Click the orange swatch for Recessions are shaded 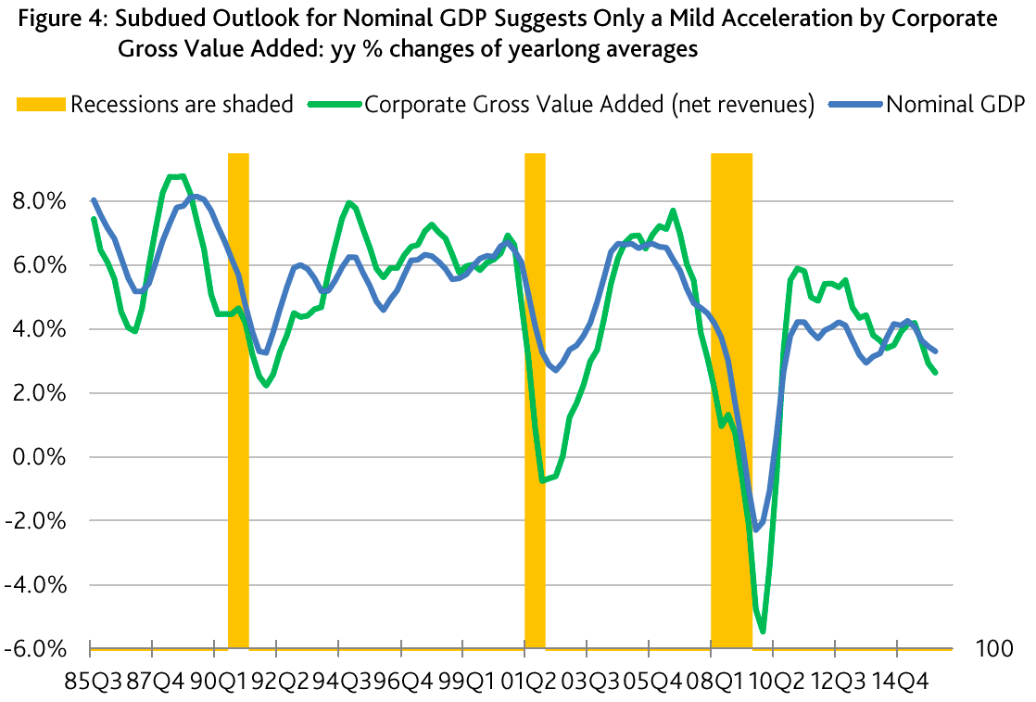pos(41,104)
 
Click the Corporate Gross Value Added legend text pos(589,104)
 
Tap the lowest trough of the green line pos(763,632)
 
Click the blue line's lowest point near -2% pos(756,530)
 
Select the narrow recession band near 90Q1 pos(238,399)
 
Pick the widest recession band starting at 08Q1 pos(731,399)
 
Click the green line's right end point pos(935,372)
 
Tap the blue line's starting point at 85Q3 pos(94,200)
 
